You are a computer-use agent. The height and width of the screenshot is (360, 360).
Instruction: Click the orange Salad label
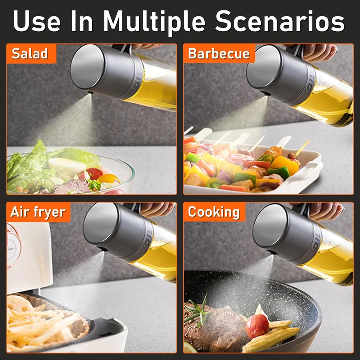[x=30, y=53]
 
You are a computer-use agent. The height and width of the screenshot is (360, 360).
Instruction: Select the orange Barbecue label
[x=219, y=54]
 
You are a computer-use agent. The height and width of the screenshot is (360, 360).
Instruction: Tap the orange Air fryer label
[x=38, y=212]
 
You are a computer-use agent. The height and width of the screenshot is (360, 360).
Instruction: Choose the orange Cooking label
[x=214, y=212]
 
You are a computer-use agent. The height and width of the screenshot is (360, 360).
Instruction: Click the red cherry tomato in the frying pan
[x=257, y=326]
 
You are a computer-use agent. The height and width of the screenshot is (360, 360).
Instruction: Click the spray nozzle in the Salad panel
[x=89, y=93]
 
